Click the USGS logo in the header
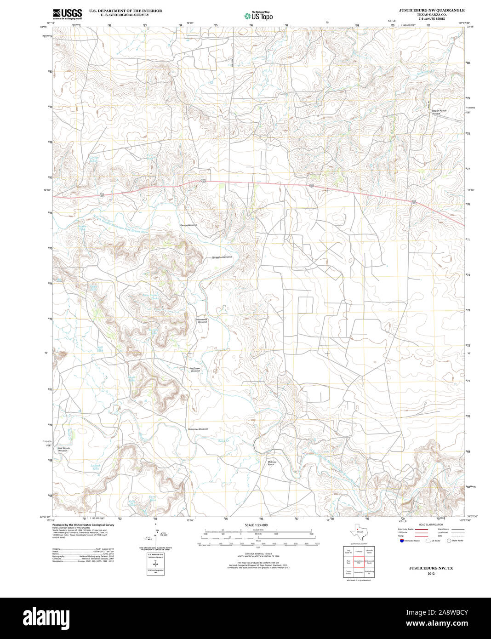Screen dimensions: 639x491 coord(67,13)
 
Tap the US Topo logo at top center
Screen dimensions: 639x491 coord(258,16)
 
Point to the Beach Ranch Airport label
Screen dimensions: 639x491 coord(439,112)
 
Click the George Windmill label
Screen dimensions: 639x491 coord(188,225)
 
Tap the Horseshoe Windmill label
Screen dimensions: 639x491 coord(222,257)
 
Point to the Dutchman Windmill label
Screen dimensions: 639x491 coord(198,429)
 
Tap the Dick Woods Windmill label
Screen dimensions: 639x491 coord(63,449)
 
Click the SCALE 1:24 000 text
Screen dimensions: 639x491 coord(256,525)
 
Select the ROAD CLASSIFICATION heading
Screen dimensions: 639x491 coord(431,525)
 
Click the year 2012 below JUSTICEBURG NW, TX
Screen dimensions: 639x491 coord(431,573)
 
